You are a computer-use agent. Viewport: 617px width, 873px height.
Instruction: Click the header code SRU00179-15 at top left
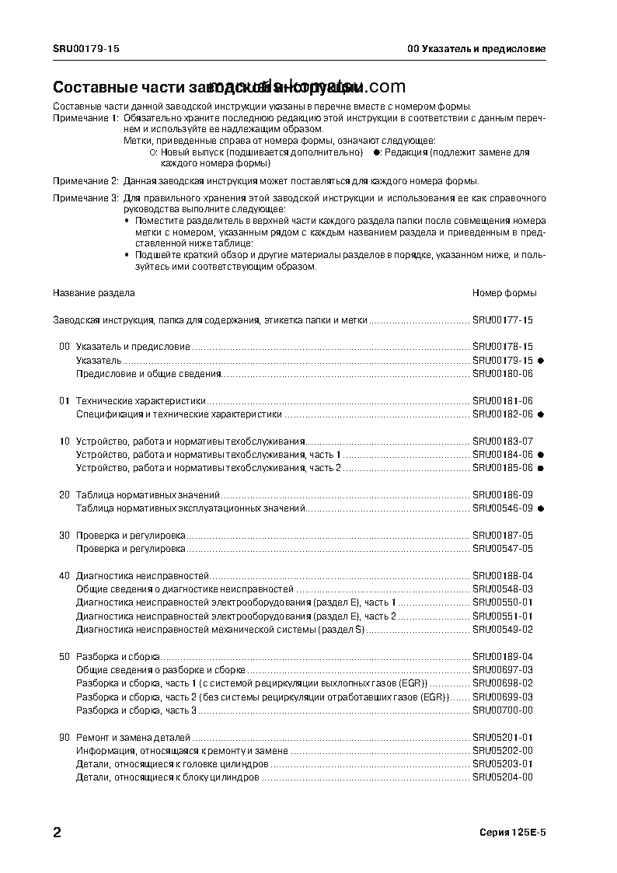click(85, 48)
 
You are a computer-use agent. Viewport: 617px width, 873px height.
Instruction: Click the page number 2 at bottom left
click(58, 833)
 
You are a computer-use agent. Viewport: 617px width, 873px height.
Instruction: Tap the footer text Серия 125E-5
click(513, 833)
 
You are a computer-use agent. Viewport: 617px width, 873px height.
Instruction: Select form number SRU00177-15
click(503, 320)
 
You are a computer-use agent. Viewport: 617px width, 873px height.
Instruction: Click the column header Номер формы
click(504, 293)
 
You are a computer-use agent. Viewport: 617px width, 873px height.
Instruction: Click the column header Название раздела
click(93, 293)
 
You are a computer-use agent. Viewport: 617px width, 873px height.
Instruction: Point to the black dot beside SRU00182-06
click(540, 414)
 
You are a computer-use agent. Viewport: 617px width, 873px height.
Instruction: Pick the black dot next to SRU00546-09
click(540, 508)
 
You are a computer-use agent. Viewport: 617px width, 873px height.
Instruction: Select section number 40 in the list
click(64, 575)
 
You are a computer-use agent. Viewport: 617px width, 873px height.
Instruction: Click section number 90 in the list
click(64, 736)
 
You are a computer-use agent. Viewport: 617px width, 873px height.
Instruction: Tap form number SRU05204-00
click(503, 777)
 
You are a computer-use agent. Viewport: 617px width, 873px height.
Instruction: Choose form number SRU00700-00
click(503, 710)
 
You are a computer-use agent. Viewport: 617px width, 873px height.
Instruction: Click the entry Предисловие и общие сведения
click(148, 374)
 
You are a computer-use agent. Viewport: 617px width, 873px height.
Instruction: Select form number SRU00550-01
click(503, 602)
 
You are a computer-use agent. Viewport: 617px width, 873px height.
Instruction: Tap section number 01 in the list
click(64, 400)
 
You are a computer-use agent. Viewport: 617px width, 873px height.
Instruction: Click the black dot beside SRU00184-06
click(540, 454)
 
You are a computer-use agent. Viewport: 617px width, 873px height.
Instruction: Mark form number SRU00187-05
click(503, 535)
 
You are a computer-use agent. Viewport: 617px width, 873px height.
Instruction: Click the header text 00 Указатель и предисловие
click(476, 48)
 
